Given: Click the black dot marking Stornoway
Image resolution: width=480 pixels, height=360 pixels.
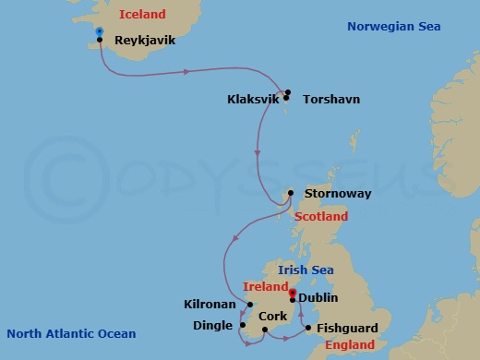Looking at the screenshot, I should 291,193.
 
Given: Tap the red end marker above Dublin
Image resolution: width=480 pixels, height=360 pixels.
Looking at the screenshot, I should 293,293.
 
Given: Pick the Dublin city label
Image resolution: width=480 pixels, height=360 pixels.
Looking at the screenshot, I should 319,298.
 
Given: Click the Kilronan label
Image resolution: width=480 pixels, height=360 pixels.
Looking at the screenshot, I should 209,303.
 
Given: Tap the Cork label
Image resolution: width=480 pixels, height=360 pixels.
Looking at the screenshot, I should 274,316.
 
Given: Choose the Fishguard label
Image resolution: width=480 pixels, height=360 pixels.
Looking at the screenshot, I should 347,328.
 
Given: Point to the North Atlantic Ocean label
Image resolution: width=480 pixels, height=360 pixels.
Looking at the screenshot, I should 71,333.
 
